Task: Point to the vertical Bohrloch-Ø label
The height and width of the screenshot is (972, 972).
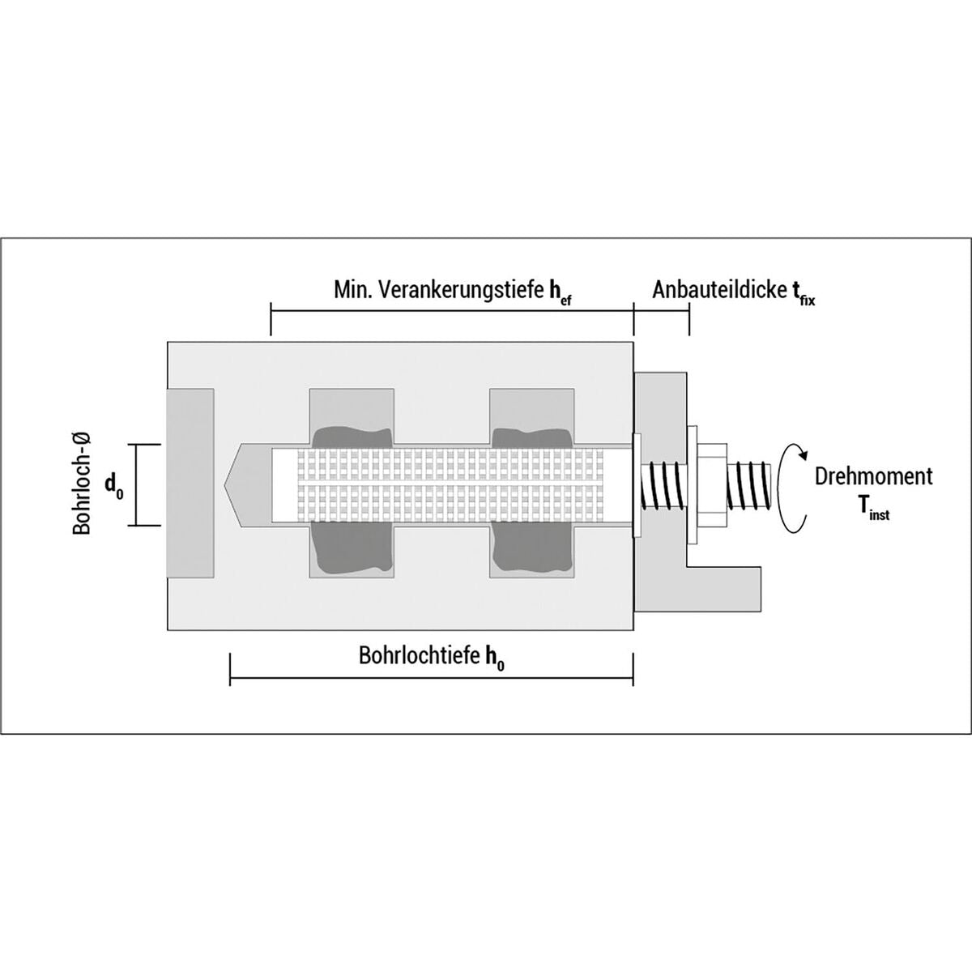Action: (x=83, y=484)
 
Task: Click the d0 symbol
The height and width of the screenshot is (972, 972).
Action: (x=113, y=486)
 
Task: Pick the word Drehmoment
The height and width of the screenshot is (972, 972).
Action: (x=874, y=476)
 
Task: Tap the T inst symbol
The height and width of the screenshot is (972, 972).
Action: (x=873, y=505)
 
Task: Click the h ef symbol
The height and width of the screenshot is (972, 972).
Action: (x=560, y=293)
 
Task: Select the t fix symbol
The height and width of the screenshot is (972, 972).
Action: (x=800, y=293)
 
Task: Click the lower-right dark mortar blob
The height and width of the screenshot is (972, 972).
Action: (x=532, y=548)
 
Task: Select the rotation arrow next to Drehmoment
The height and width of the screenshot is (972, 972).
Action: (x=791, y=486)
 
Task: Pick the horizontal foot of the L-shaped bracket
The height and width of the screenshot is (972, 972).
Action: (x=724, y=589)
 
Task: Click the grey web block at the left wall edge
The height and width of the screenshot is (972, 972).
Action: (x=190, y=484)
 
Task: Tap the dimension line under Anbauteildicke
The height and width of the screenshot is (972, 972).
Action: (x=661, y=311)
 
